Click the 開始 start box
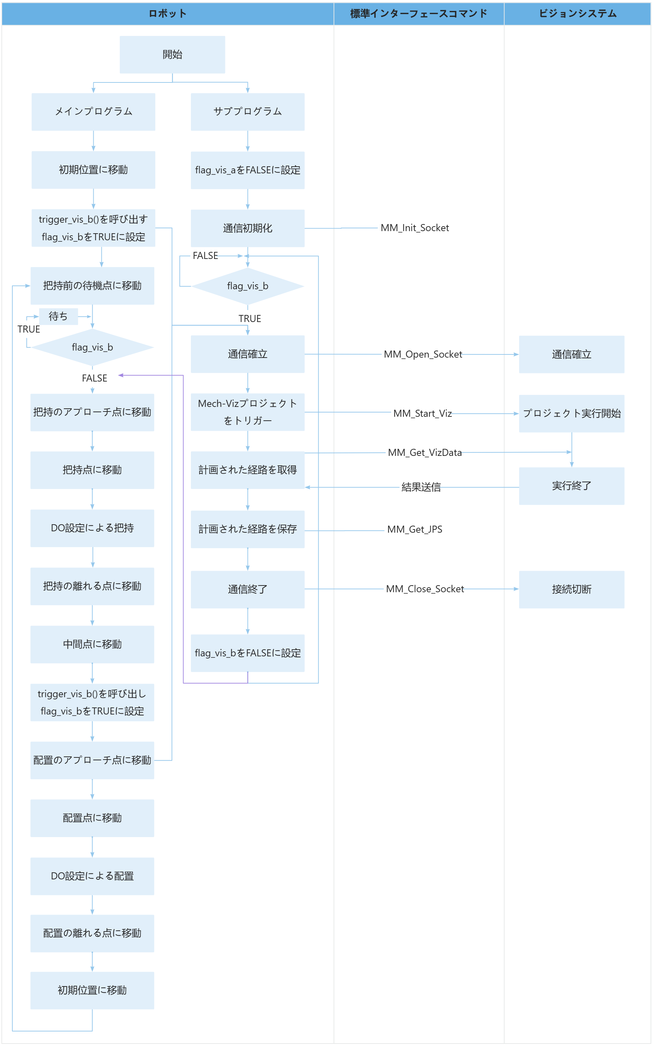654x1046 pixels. click(172, 55)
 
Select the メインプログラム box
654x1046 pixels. click(93, 112)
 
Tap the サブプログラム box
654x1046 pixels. click(248, 112)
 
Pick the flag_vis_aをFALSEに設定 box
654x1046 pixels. click(248, 170)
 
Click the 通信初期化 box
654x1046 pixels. click(248, 228)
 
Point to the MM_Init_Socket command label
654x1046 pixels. click(415, 228)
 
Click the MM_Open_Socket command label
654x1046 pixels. click(423, 354)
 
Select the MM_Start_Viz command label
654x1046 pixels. click(422, 414)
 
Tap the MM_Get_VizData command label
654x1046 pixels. click(424, 452)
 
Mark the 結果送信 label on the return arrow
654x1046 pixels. click(421, 487)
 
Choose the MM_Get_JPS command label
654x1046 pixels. click(415, 530)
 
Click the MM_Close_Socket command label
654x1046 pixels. click(424, 589)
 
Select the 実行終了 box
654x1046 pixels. click(571, 486)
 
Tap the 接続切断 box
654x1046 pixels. click(571, 589)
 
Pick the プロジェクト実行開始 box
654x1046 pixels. click(571, 413)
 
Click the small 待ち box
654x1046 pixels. click(58, 316)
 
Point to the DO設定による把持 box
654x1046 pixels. click(92, 528)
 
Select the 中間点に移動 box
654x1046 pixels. click(92, 644)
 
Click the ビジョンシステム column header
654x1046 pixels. click(578, 13)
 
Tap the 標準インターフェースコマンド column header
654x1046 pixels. click(418, 13)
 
